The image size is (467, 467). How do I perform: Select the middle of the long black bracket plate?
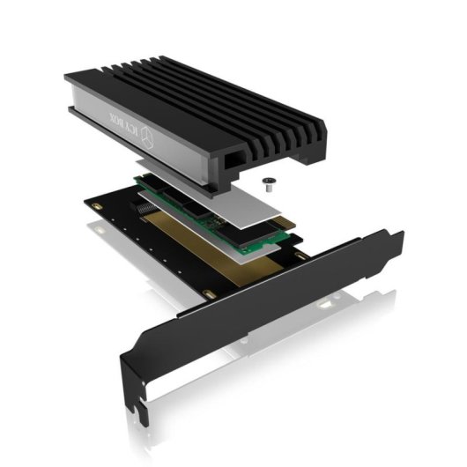[x=264, y=304]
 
